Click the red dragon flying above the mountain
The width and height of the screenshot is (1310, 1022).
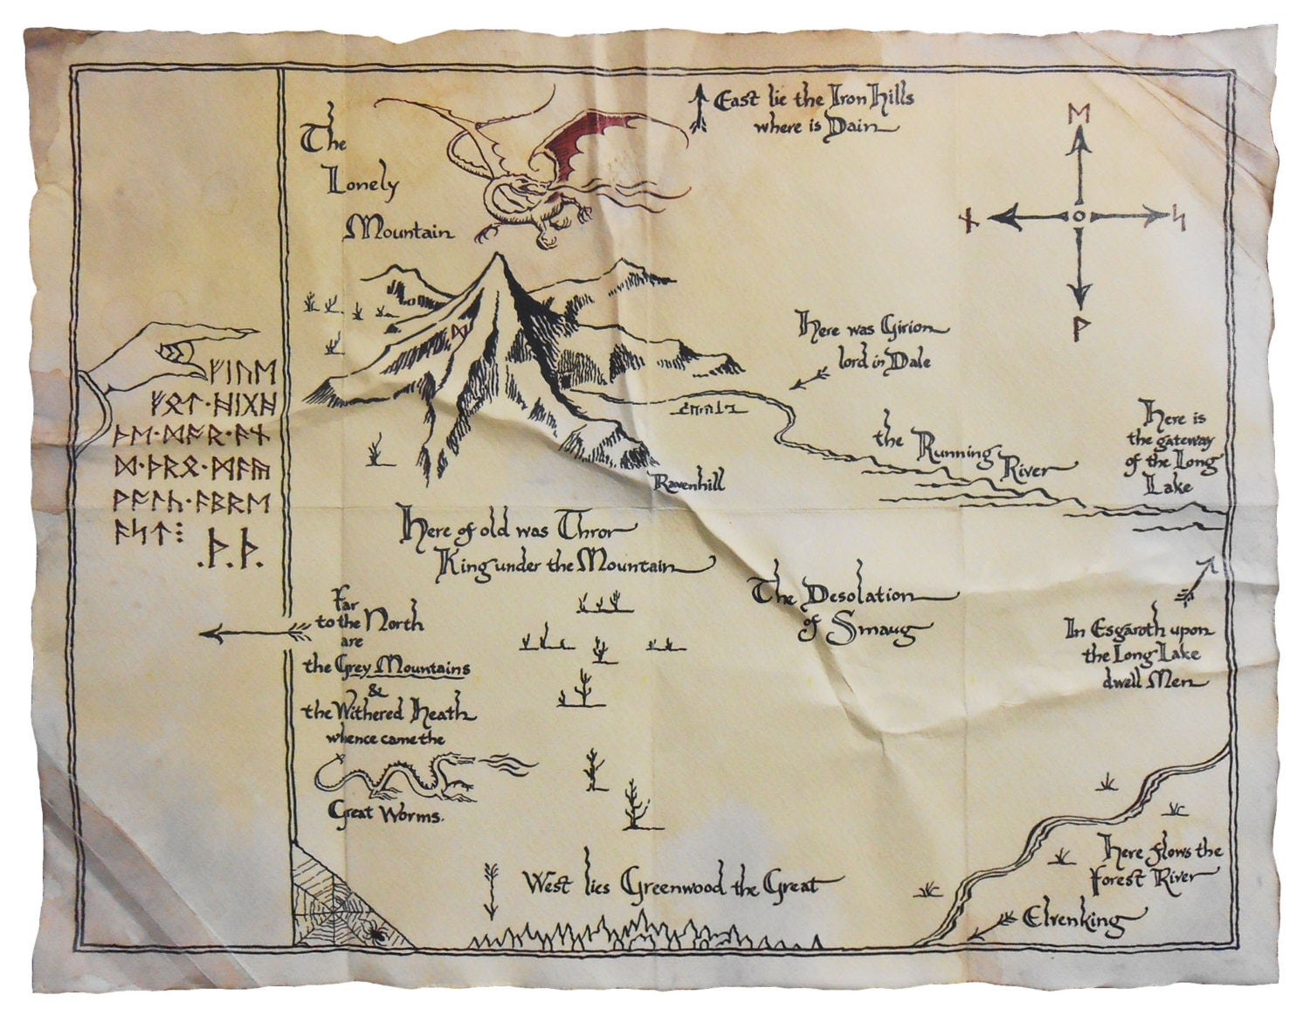tap(559, 166)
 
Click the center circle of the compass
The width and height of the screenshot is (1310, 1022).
tap(1080, 215)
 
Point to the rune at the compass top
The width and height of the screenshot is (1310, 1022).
tap(1080, 114)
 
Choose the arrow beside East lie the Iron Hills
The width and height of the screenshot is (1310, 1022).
tap(699, 108)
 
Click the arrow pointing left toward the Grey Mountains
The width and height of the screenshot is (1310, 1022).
tap(253, 631)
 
